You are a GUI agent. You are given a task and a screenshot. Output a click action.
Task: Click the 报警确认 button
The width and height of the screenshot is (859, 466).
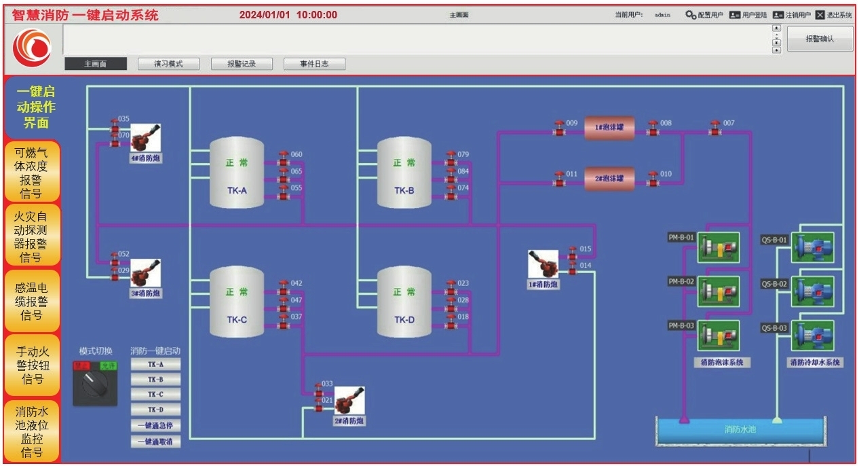(820, 39)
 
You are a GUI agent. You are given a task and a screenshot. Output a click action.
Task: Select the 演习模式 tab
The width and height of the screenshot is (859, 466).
(169, 64)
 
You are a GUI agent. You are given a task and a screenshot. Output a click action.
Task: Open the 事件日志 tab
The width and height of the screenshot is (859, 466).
(314, 64)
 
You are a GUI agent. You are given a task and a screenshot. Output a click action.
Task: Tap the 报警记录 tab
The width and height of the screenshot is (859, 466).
(241, 64)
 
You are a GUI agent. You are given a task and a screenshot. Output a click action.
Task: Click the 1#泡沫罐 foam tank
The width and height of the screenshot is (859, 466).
(609, 128)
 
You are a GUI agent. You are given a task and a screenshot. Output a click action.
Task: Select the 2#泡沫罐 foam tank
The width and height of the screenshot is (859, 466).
(609, 179)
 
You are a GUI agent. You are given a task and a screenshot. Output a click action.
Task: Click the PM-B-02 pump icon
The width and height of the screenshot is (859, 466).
(718, 291)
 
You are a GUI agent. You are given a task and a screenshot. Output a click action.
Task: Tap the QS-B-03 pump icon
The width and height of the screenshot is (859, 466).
(812, 336)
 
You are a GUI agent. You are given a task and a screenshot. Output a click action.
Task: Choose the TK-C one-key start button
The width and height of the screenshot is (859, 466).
(155, 395)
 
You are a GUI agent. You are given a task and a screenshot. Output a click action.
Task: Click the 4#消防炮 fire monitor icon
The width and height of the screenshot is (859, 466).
(145, 138)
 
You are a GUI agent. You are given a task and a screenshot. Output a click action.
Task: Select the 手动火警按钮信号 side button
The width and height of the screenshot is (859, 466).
(32, 365)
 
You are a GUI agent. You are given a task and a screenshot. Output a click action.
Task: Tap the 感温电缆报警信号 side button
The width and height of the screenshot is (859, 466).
(32, 301)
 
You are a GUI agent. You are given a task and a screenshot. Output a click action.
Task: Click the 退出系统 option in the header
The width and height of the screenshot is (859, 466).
(833, 15)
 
